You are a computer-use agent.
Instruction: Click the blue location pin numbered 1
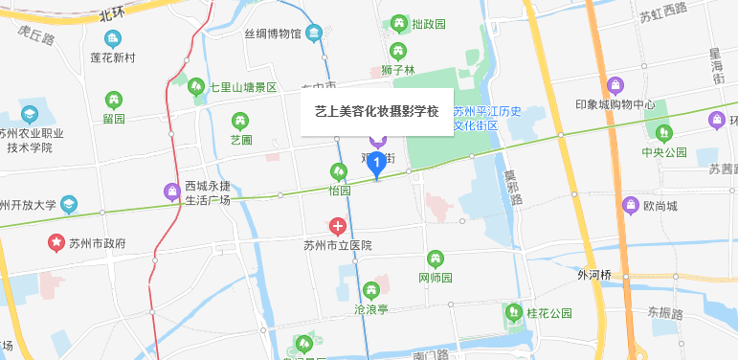[x=377, y=165]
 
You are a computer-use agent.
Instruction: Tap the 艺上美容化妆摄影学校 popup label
[x=376, y=111]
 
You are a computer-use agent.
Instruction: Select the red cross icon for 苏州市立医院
[x=338, y=227]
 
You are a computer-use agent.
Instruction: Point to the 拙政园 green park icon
[x=398, y=23]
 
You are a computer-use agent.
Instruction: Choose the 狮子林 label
[x=396, y=70]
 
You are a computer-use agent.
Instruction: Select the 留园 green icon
[x=114, y=99]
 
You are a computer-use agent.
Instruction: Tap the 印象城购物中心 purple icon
[x=615, y=85]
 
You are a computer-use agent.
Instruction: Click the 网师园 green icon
[x=436, y=258]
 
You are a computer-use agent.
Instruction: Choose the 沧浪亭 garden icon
[x=371, y=289]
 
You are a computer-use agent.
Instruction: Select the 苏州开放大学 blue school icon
[x=70, y=205]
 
